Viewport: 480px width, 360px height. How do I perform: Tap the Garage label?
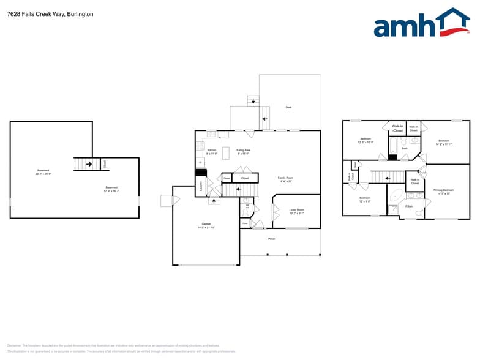(x=206, y=225)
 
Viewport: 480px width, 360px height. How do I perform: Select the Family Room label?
(x=285, y=179)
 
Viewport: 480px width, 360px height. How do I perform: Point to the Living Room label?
(x=296, y=211)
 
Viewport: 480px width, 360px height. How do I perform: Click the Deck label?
(x=288, y=107)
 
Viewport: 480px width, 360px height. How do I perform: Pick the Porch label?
(x=271, y=239)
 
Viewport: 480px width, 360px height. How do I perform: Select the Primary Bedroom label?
(x=443, y=192)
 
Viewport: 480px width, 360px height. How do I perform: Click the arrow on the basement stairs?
(x=89, y=164)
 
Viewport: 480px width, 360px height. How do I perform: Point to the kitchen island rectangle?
(x=225, y=151)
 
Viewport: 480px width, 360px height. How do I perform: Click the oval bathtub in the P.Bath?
(x=395, y=197)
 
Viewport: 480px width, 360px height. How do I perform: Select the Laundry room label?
(x=201, y=184)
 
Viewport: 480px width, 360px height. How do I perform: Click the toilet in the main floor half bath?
(x=246, y=201)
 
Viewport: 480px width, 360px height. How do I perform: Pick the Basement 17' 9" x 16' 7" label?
(x=111, y=189)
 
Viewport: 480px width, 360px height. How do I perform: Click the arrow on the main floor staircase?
(x=214, y=200)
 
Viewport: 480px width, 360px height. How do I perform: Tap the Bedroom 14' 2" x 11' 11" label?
(x=444, y=142)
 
